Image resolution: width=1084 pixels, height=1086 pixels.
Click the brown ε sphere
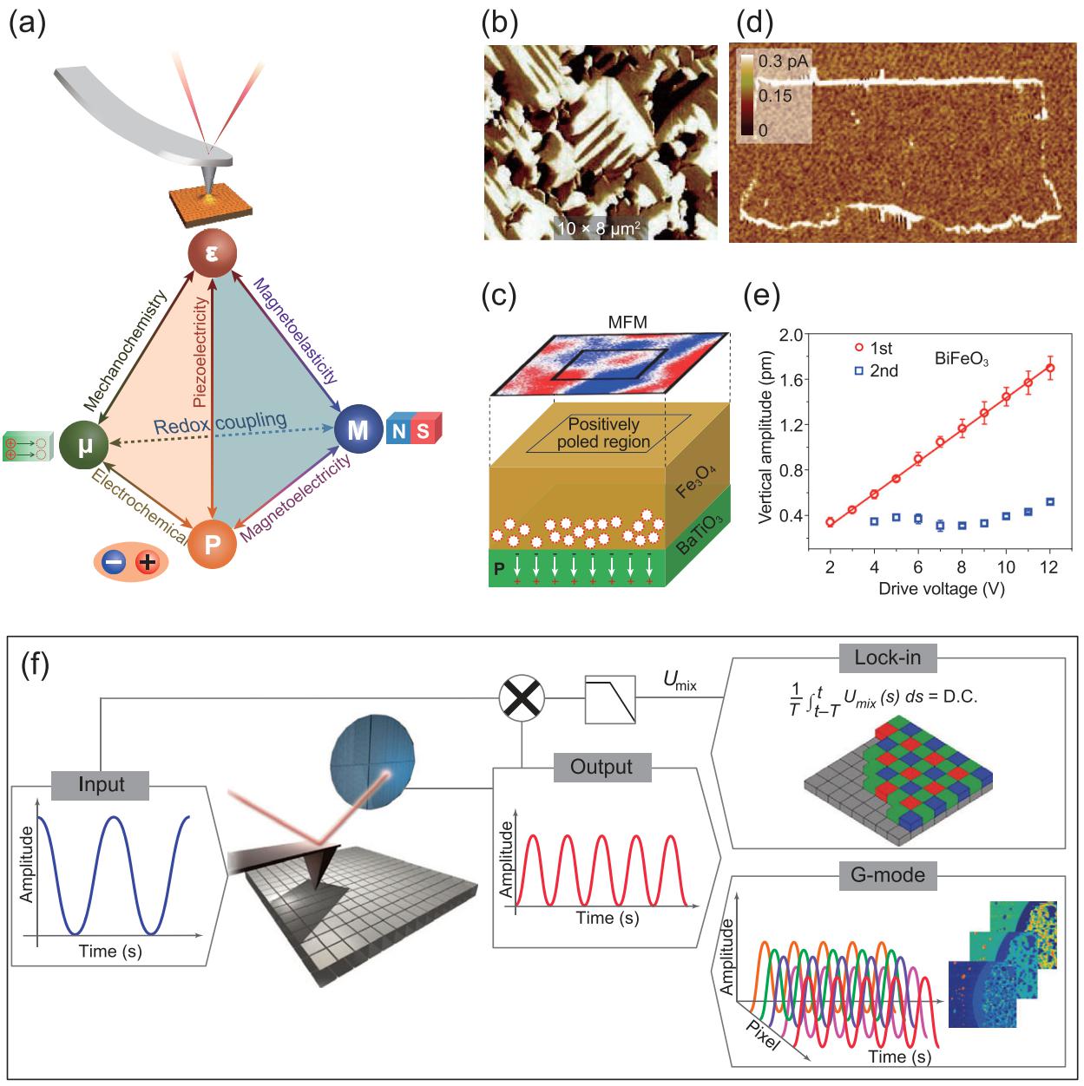click(212, 255)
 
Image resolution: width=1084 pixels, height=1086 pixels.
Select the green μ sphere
click(81, 445)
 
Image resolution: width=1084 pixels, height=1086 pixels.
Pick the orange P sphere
click(213, 544)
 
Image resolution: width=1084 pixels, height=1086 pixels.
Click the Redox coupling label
click(220, 423)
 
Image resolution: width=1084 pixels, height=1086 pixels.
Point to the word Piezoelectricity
click(201, 350)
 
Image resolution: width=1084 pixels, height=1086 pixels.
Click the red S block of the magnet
click(423, 430)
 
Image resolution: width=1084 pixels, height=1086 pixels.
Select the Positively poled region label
click(604, 433)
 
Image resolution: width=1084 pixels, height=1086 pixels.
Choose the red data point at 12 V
click(1050, 368)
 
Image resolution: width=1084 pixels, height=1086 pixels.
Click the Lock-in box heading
click(888, 658)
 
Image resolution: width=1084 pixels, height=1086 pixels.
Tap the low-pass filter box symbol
click(611, 699)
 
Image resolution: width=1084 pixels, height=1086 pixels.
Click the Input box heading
click(102, 785)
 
